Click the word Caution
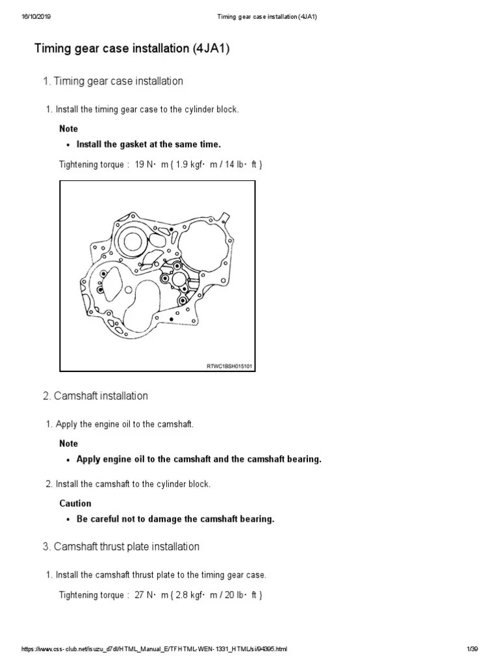tap(75, 503)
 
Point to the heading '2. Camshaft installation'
tap(96, 395)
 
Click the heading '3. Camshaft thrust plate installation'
tap(121, 546)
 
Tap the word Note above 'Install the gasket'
tap(68, 129)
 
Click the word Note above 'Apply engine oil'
tap(68, 444)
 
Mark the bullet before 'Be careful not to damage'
tap(68, 520)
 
